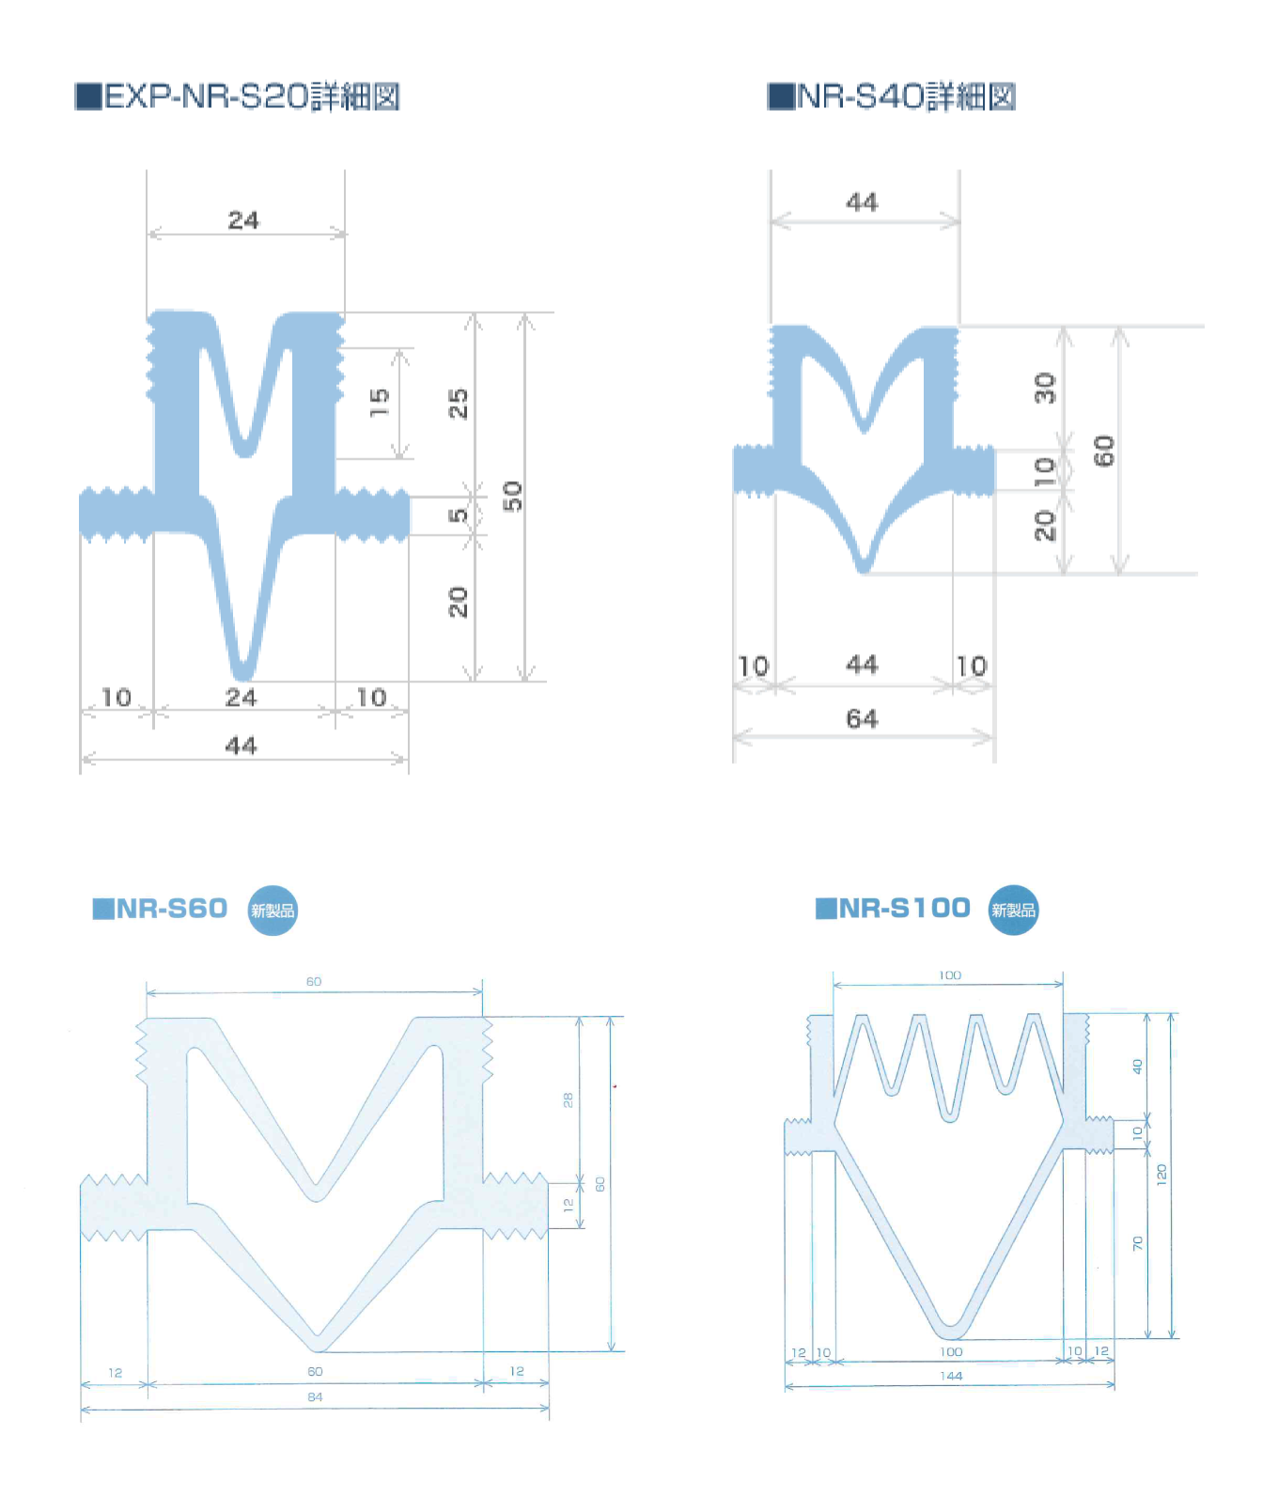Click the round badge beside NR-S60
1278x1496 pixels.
[273, 910]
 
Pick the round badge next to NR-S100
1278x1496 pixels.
[1014, 910]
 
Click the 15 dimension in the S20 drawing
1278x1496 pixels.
[379, 402]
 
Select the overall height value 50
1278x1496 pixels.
[512, 496]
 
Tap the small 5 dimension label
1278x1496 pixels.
[457, 515]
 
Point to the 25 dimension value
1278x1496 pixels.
[458, 403]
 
